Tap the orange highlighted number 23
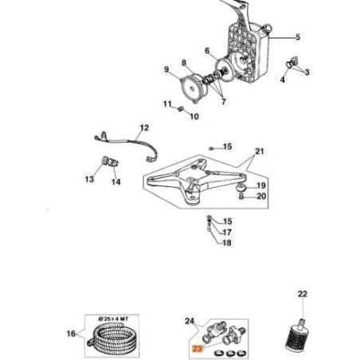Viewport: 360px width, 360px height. click(197, 348)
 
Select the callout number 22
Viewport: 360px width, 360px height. click(302, 295)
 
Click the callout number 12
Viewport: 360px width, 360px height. click(144, 127)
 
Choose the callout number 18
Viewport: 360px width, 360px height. click(227, 243)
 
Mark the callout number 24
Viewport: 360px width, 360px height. click(190, 321)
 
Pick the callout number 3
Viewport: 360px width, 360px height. click(307, 72)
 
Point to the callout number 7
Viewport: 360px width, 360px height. click(223, 103)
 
